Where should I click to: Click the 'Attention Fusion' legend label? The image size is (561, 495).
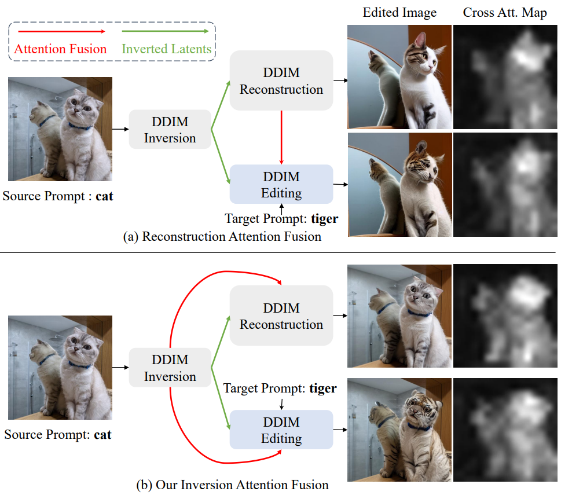(x=60, y=49)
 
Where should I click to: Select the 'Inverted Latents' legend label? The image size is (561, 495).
(x=166, y=49)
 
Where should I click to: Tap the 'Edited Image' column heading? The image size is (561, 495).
(x=399, y=12)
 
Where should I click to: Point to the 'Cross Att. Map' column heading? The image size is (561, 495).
(x=505, y=12)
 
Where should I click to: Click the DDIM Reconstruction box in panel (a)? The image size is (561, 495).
(x=281, y=80)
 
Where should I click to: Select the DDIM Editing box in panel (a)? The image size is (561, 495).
(x=281, y=185)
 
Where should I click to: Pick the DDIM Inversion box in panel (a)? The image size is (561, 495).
(x=170, y=130)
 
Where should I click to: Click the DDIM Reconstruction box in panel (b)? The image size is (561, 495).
(x=281, y=316)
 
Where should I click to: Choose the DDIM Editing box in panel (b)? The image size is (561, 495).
(x=281, y=430)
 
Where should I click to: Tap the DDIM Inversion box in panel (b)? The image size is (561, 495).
(x=170, y=368)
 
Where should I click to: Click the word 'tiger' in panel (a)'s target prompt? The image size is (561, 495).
(x=324, y=219)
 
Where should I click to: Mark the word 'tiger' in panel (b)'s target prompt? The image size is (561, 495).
(x=322, y=388)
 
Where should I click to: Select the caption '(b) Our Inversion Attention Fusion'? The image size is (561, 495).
(x=233, y=484)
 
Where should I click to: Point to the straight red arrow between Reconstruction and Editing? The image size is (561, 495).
(x=281, y=137)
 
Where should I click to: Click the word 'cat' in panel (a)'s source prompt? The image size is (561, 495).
(x=104, y=196)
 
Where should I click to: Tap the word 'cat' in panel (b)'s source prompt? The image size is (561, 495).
(x=102, y=434)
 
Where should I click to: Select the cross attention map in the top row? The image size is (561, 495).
(x=505, y=78)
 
